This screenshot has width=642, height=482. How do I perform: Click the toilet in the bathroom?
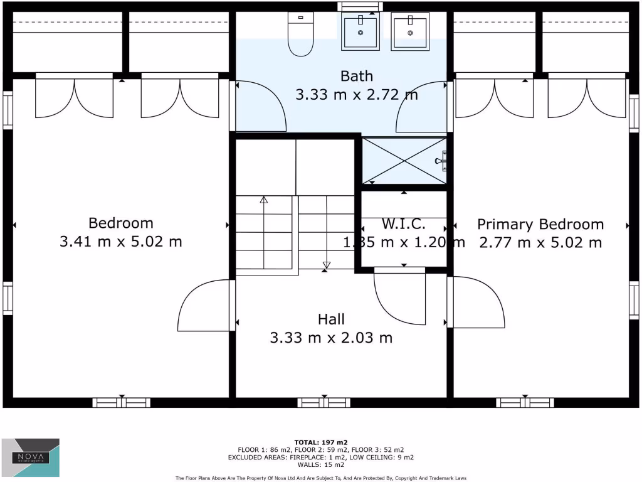(x=300, y=34)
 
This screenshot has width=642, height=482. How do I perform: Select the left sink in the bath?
(x=361, y=32)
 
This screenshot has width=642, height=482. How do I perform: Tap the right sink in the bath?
(x=410, y=32)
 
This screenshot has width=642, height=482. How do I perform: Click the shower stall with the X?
(x=404, y=161)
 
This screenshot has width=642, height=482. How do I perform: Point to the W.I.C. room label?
(x=404, y=223)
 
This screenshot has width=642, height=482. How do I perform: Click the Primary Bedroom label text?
(x=540, y=224)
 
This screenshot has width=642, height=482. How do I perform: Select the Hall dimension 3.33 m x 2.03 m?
(x=331, y=338)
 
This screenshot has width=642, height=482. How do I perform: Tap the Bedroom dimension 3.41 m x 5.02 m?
(x=120, y=241)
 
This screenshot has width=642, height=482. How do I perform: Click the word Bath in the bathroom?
(x=356, y=76)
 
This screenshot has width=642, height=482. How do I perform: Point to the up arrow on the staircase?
(x=264, y=200)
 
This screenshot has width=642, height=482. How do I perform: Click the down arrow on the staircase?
(x=326, y=264)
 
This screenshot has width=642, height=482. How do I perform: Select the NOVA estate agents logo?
(x=31, y=458)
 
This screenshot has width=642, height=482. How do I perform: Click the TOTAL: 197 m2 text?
(x=320, y=442)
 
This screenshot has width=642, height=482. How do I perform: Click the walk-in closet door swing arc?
(x=399, y=297)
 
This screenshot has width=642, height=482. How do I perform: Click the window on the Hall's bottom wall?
(x=324, y=402)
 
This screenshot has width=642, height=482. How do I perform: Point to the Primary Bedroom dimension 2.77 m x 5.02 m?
(x=540, y=242)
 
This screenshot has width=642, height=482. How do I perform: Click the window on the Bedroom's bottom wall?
(x=121, y=402)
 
